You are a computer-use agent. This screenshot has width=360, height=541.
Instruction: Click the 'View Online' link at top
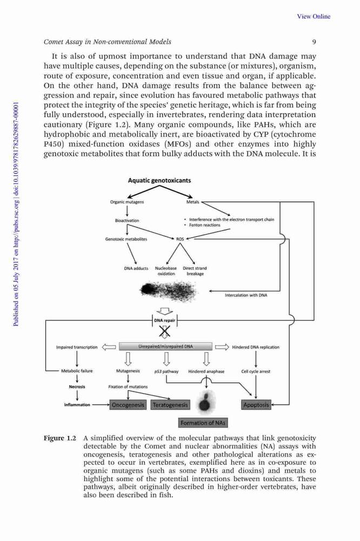pos(314,16)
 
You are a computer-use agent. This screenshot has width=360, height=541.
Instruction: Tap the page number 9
pos(314,42)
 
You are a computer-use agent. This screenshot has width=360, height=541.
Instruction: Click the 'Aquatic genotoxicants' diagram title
pos(159,180)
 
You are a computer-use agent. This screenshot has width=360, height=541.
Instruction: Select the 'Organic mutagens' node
pos(127,202)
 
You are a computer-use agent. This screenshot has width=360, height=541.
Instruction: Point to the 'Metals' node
pos(193,202)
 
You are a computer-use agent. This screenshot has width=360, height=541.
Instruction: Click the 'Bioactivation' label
pos(127,221)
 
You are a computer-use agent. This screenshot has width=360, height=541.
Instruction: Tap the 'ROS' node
pos(180,239)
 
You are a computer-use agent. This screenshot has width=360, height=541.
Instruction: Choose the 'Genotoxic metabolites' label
pos(126,239)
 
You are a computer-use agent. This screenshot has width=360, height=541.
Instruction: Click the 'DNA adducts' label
pos(136,268)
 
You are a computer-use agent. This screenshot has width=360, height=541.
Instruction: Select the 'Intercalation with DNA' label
pos(246,295)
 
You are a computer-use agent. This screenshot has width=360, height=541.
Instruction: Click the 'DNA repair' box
pos(164,320)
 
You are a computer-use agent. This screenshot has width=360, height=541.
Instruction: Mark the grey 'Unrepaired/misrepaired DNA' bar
pos(165,346)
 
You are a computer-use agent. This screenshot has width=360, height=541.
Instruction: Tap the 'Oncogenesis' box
pos(128,405)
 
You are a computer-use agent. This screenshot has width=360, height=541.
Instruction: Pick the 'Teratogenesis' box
pos(170,405)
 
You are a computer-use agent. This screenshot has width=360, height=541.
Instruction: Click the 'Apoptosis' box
pos(256,405)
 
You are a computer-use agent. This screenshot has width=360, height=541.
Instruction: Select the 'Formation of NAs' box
pos(203,423)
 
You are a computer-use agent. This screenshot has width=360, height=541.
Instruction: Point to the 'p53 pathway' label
pos(166,372)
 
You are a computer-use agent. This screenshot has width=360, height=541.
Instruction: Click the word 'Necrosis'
pos(77,387)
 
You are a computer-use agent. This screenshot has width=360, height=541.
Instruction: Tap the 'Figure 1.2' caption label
pos(59,438)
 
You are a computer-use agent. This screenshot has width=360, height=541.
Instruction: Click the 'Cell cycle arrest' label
pos(256,372)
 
